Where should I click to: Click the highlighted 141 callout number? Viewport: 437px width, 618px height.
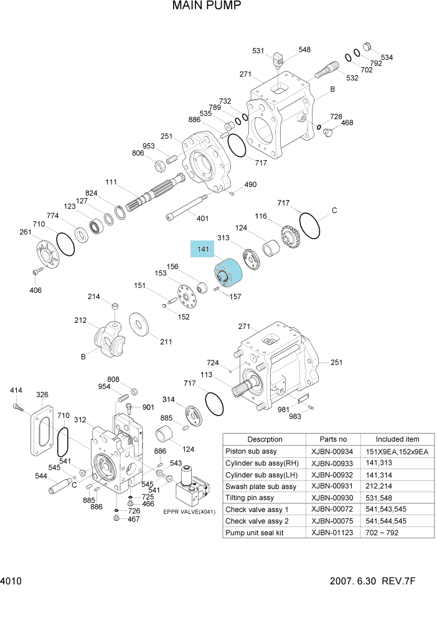coord(203,249)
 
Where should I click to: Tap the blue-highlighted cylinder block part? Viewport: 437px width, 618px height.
coord(228,273)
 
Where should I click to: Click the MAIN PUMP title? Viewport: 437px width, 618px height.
coord(207,6)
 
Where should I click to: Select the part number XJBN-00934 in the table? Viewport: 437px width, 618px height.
coord(332,452)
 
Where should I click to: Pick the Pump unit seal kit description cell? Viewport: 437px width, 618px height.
coord(255,533)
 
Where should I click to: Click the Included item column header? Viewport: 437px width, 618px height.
coord(397,439)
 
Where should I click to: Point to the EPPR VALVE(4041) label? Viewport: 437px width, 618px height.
coord(189,512)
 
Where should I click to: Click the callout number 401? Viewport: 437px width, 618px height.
coord(202,218)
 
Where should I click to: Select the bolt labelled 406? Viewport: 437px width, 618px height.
coord(37,271)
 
